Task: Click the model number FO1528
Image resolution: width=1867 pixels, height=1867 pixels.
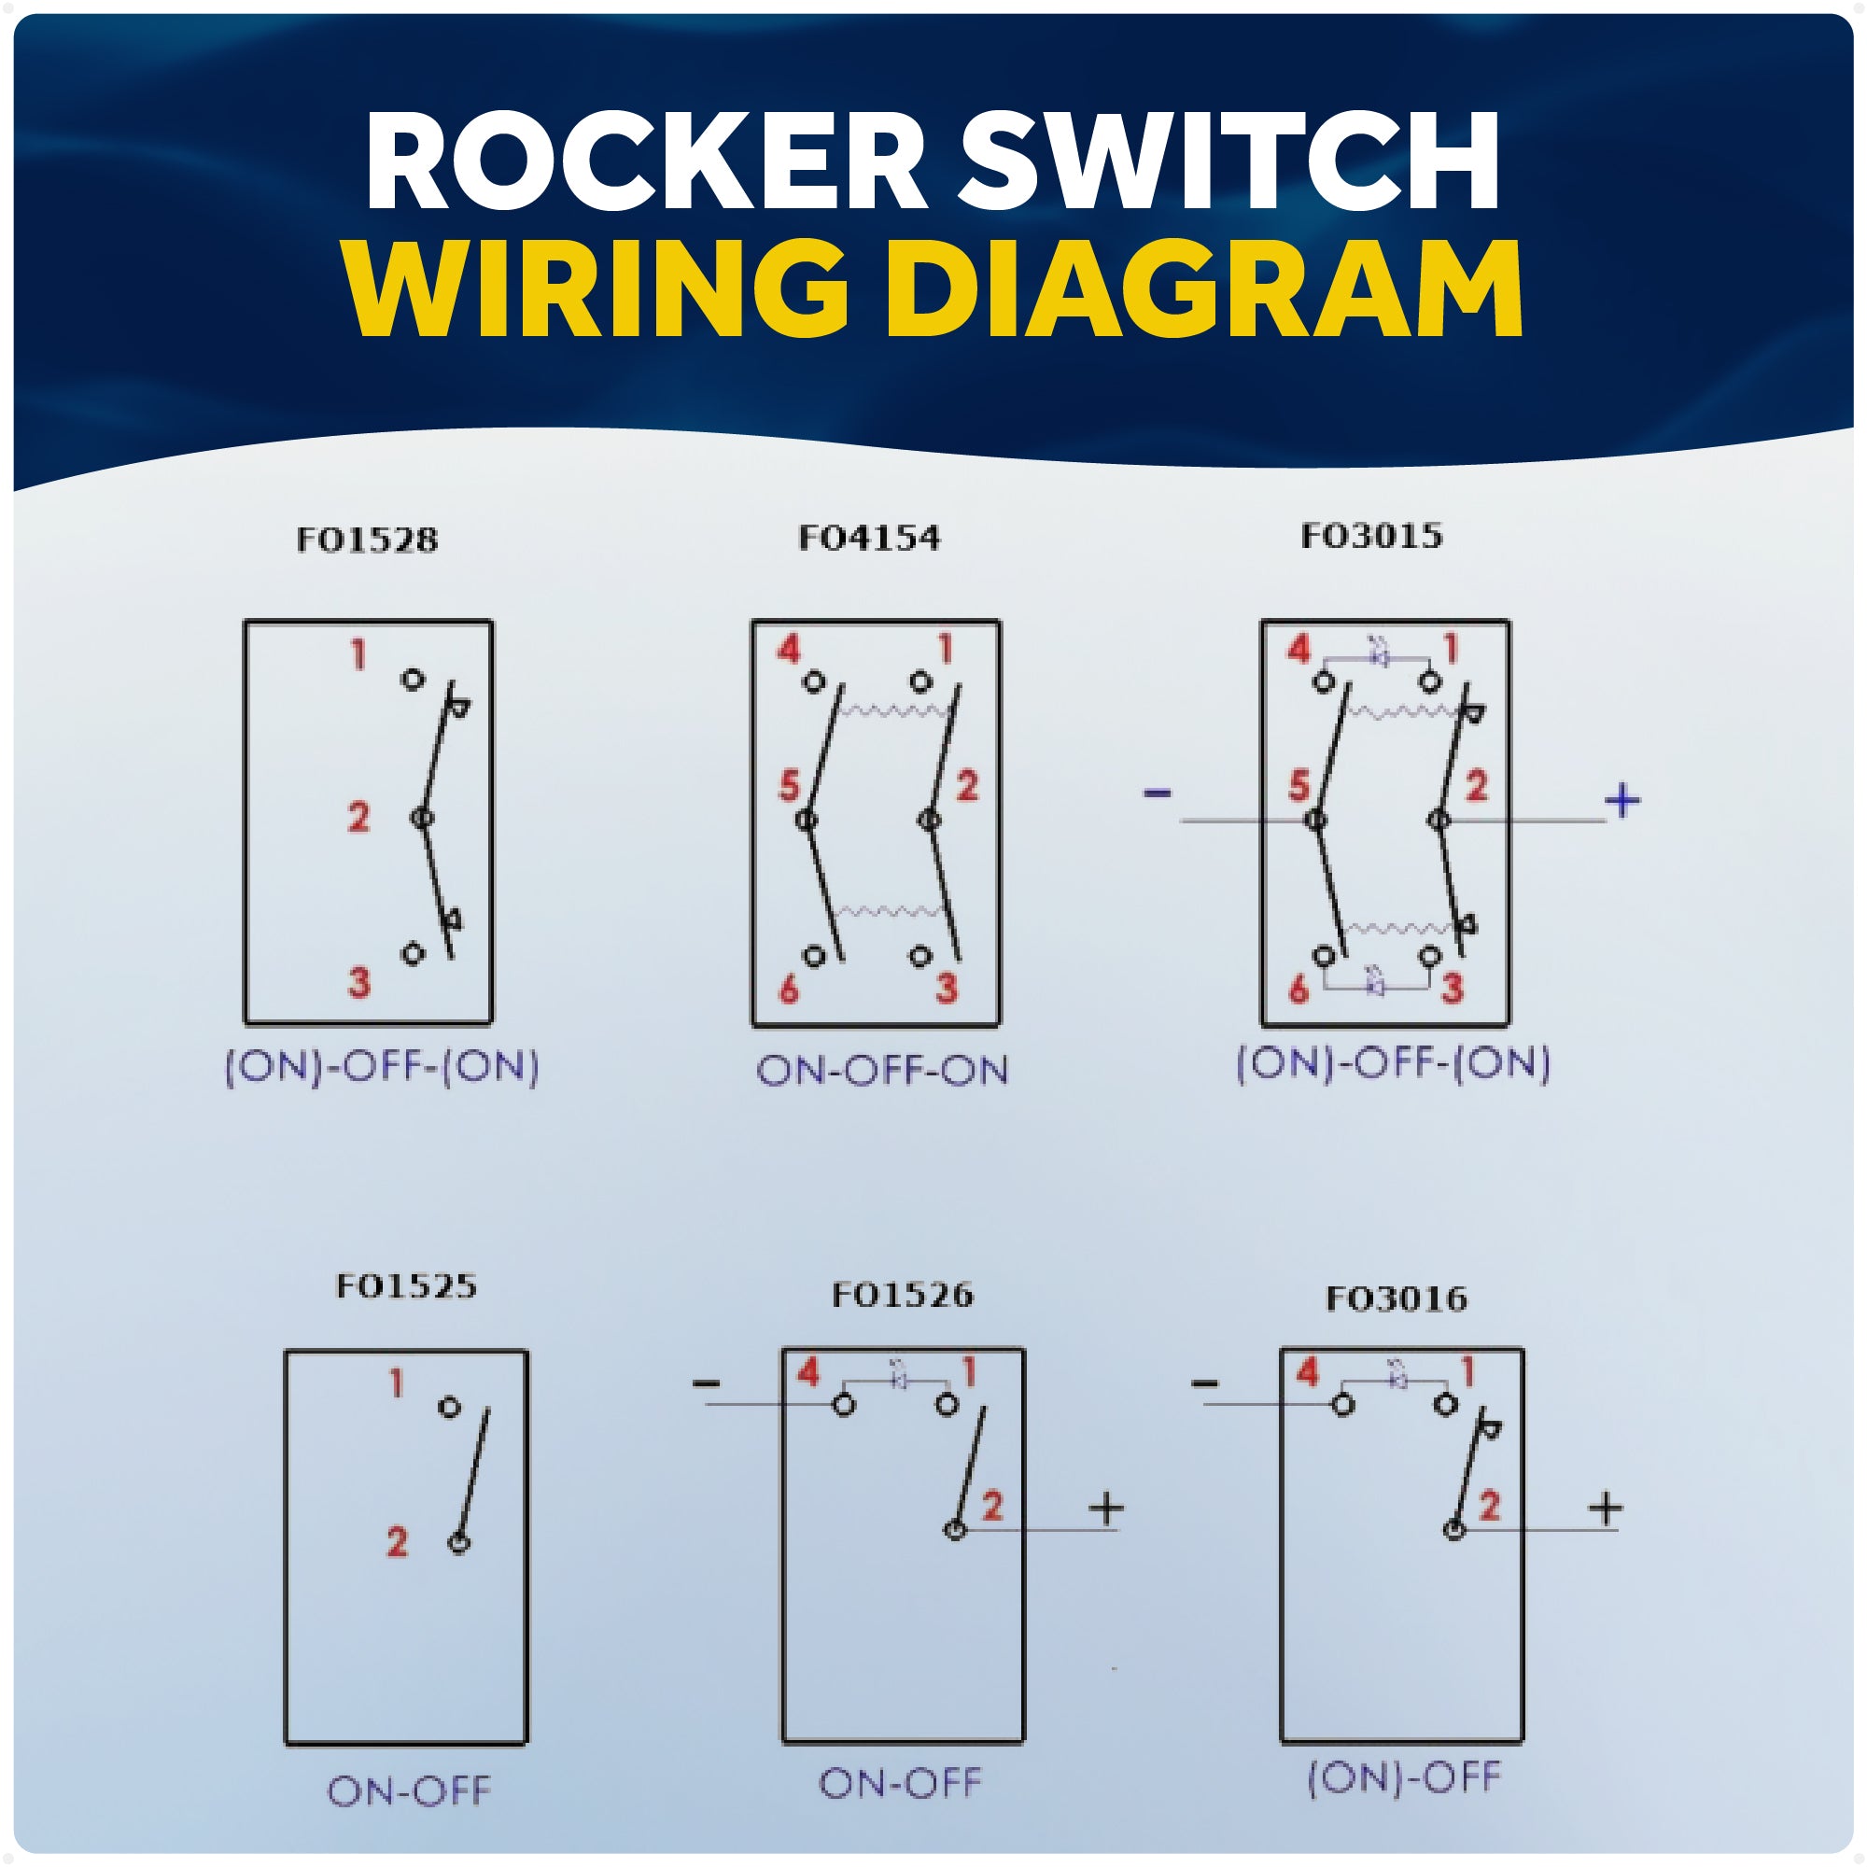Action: (x=367, y=540)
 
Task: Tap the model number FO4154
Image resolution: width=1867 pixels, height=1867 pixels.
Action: (x=869, y=538)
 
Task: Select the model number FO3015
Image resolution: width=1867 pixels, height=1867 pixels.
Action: (x=1371, y=535)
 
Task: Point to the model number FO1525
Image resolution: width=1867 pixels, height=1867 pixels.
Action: (x=406, y=1286)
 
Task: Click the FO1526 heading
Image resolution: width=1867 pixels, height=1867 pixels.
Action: (x=903, y=1295)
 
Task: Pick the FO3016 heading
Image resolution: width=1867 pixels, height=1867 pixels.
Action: (x=1397, y=1298)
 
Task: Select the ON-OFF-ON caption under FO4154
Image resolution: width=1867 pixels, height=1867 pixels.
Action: (x=881, y=1071)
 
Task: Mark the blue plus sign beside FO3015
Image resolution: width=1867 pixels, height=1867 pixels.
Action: (x=1622, y=800)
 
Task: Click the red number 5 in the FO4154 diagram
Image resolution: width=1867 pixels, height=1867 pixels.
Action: (x=790, y=787)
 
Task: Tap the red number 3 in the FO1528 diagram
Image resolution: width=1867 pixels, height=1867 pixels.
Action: (x=358, y=983)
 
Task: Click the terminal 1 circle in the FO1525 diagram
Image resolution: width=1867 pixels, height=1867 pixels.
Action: (x=449, y=1407)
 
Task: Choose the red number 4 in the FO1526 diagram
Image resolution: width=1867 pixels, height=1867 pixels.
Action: (x=808, y=1373)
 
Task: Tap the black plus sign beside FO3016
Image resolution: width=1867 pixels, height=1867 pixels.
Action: (x=1605, y=1509)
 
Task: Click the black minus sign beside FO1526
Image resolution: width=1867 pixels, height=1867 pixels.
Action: (x=707, y=1384)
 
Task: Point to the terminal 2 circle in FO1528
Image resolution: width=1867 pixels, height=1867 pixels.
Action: (x=422, y=819)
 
